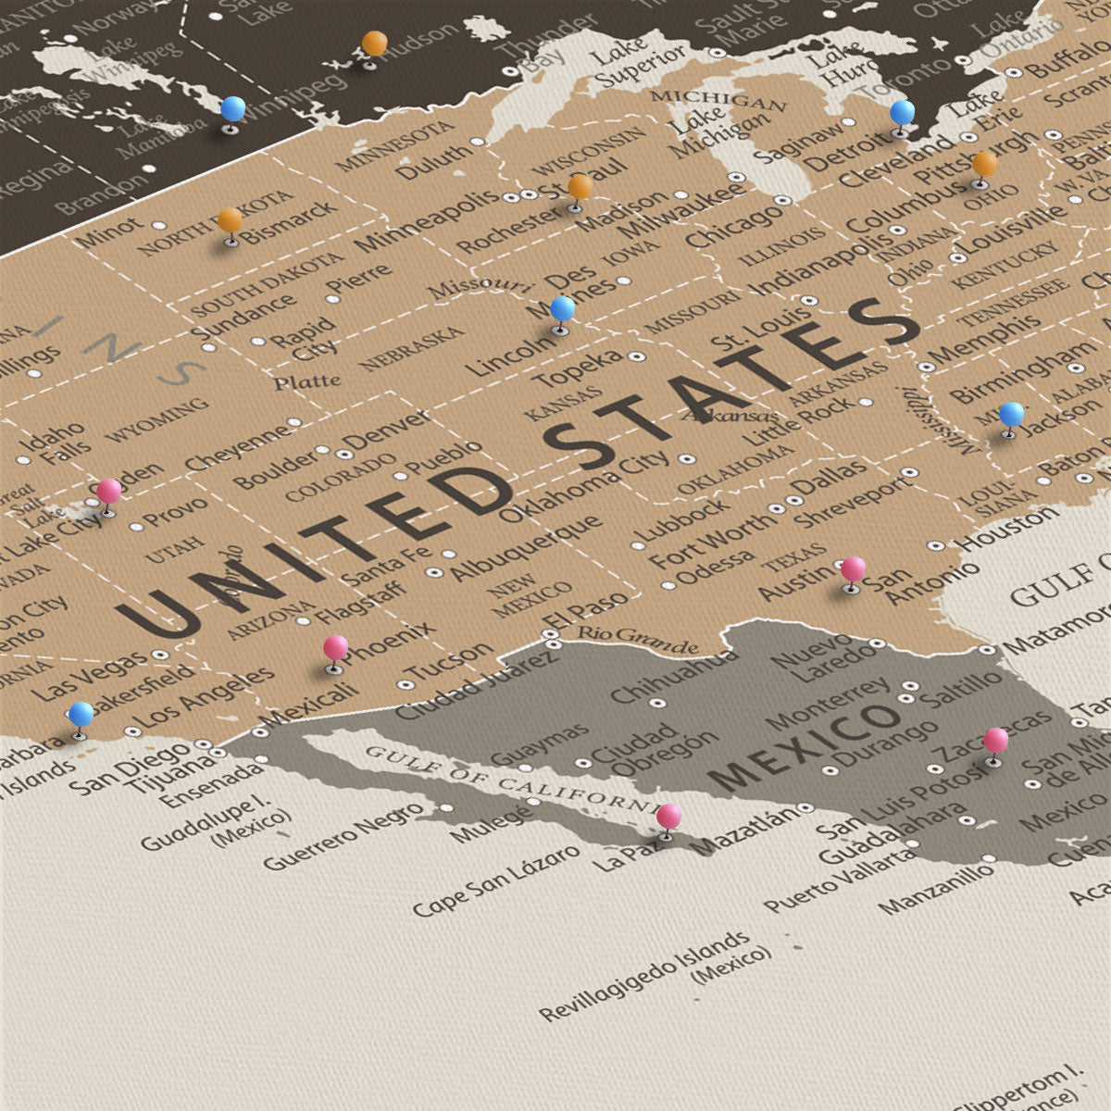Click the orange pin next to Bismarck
(231, 221)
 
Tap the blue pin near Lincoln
(562, 309)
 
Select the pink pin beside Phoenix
(335, 648)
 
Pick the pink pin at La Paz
(668, 818)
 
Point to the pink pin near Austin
(853, 569)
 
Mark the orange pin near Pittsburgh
(984, 165)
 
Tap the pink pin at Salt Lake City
(109, 492)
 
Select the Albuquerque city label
(526, 549)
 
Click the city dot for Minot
(159, 225)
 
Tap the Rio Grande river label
(638, 639)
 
